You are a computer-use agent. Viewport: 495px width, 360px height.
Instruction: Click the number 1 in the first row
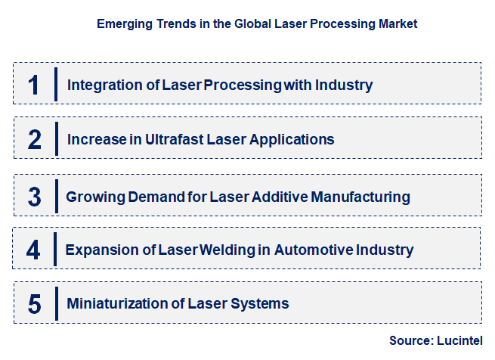tap(34, 85)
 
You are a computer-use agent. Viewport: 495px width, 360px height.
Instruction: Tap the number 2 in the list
tap(34, 140)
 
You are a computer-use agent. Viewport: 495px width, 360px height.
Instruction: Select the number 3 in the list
tap(34, 197)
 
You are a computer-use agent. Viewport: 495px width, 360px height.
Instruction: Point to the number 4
tap(34, 250)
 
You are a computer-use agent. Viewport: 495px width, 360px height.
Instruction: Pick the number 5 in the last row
tap(34, 304)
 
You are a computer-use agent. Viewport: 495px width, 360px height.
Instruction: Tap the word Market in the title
tap(396, 24)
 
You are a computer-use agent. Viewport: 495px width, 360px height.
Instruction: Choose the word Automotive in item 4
tap(316, 250)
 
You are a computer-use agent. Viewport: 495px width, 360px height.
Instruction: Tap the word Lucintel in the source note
tap(459, 341)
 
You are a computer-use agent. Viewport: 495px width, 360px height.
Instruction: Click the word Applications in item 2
tap(296, 140)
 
